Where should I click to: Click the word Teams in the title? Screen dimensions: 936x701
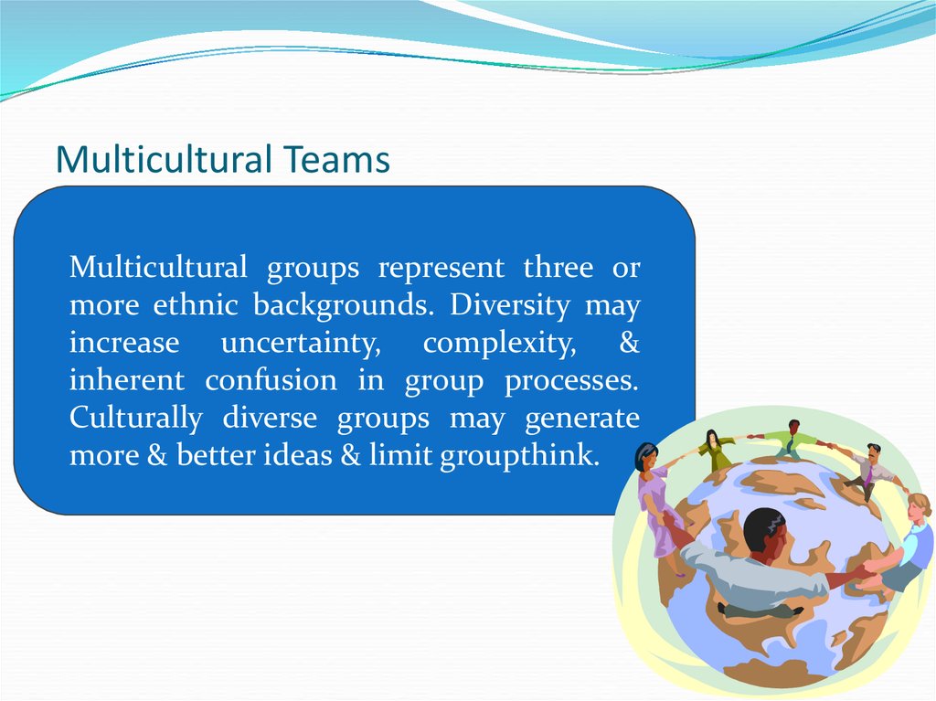pos(336,159)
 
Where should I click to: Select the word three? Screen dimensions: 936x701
pos(558,267)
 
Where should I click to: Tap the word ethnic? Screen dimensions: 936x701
pos(196,304)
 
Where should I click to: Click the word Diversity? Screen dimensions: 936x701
pos(510,306)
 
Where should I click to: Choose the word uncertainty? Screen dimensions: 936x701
pos(300,344)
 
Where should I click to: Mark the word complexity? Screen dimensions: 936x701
pos(499,344)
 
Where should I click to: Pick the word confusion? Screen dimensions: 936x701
pos(271,380)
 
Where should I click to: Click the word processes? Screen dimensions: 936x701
pos(571,382)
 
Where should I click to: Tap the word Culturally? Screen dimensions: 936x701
pos(135,418)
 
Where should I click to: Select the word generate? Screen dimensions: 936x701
pos(582,420)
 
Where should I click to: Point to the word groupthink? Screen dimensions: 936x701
pos(519,456)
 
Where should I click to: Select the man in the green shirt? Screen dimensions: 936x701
pos(792,440)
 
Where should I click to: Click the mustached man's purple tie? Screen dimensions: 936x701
pos(869,474)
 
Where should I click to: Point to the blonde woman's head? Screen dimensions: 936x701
pos(918,507)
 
